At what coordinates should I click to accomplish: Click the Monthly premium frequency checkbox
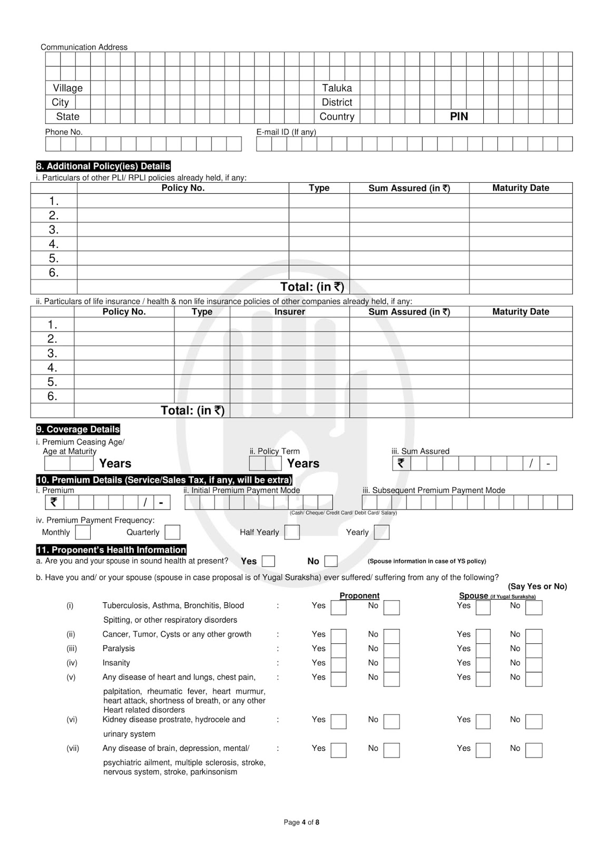click(x=83, y=532)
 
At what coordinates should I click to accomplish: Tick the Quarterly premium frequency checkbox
click(x=172, y=532)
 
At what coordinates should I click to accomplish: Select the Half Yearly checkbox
click(x=292, y=532)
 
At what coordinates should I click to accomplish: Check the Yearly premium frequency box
click(x=382, y=532)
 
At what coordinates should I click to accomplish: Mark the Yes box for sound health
click(x=268, y=561)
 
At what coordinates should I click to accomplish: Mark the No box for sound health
click(x=331, y=561)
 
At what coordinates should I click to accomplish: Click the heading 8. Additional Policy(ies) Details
click(x=103, y=166)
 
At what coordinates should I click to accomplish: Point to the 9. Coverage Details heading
click(x=78, y=429)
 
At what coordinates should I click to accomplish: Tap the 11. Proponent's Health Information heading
click(x=111, y=550)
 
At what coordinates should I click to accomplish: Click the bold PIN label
click(x=459, y=116)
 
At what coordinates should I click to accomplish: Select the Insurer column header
click(x=289, y=312)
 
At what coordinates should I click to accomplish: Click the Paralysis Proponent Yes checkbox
click(x=338, y=650)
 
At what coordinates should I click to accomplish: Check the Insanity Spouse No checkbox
click(x=534, y=664)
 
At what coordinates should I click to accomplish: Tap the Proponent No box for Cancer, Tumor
click(x=392, y=636)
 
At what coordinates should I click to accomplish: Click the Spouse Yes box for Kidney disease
click(x=483, y=721)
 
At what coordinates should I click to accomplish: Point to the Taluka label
click(x=337, y=88)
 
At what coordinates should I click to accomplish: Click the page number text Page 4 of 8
click(x=301, y=822)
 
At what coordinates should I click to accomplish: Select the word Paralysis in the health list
click(x=119, y=649)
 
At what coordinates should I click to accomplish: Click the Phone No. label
click(x=64, y=132)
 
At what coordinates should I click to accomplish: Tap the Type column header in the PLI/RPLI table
click(x=319, y=188)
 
